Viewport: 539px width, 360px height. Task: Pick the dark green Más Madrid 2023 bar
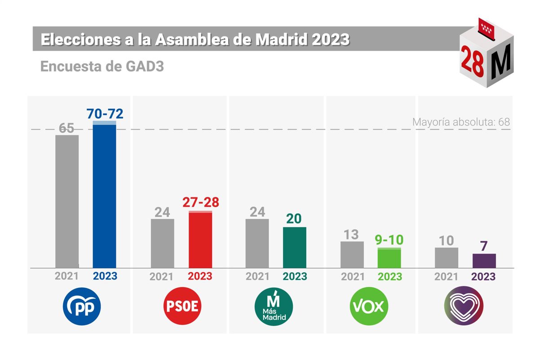pyautogui.click(x=295, y=248)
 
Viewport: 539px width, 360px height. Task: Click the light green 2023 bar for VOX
pyautogui.click(x=389, y=258)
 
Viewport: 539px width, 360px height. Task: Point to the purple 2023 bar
pyautogui.click(x=484, y=261)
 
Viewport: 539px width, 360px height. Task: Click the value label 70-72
pyautogui.click(x=105, y=113)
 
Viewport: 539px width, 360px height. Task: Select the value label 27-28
pyautogui.click(x=201, y=202)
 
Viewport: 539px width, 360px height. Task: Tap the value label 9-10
pyautogui.click(x=389, y=240)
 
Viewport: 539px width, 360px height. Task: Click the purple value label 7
pyautogui.click(x=484, y=245)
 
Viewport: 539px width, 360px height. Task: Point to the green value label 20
pyautogui.click(x=295, y=218)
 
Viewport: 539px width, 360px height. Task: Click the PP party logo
pyautogui.click(x=82, y=307)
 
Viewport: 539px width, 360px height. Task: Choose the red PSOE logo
pyautogui.click(x=182, y=307)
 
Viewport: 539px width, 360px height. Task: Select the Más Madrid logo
pyautogui.click(x=274, y=307)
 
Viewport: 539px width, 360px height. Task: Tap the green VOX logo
pyautogui.click(x=369, y=307)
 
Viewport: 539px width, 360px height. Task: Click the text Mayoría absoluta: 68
pyautogui.click(x=461, y=122)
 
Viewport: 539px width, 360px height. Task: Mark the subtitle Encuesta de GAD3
pyautogui.click(x=102, y=67)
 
